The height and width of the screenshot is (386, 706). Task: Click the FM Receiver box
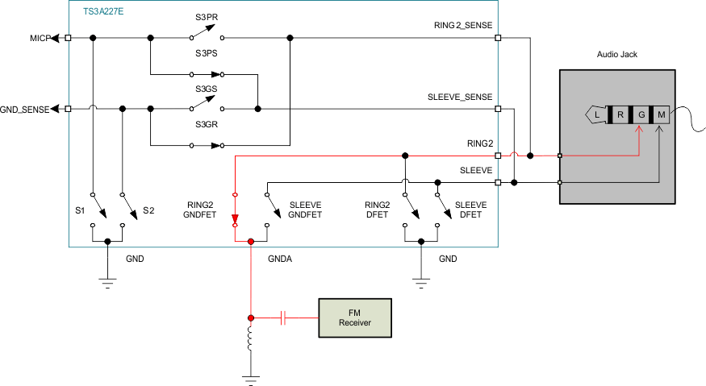point(355,318)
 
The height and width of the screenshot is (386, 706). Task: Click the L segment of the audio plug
point(596,115)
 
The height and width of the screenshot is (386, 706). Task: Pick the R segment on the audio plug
point(620,115)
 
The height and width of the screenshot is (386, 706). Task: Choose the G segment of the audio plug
point(641,115)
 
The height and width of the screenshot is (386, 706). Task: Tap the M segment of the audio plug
point(662,115)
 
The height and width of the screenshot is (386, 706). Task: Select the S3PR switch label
point(207,18)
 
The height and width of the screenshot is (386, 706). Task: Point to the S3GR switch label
point(207,125)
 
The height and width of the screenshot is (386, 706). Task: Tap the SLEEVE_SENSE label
point(459,97)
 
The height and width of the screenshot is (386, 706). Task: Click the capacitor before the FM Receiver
point(283,318)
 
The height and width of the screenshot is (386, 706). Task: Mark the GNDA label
point(280,260)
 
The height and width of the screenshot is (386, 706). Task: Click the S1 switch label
point(80,210)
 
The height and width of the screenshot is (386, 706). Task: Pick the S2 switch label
point(148,210)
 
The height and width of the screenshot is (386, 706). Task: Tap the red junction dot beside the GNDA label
point(251,241)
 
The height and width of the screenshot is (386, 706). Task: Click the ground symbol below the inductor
point(251,376)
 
